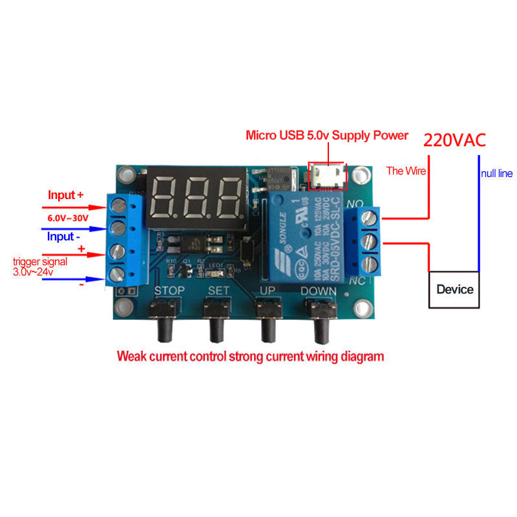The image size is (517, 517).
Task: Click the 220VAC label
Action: coord(454,140)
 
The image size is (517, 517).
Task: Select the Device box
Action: coord(454,289)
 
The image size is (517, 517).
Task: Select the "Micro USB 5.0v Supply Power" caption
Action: coord(327,136)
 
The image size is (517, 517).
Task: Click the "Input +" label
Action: coord(66,195)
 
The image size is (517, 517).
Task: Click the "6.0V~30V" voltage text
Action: coord(68,218)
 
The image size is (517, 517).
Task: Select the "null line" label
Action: coord(496,174)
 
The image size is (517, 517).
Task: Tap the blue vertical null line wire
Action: coord(479,213)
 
